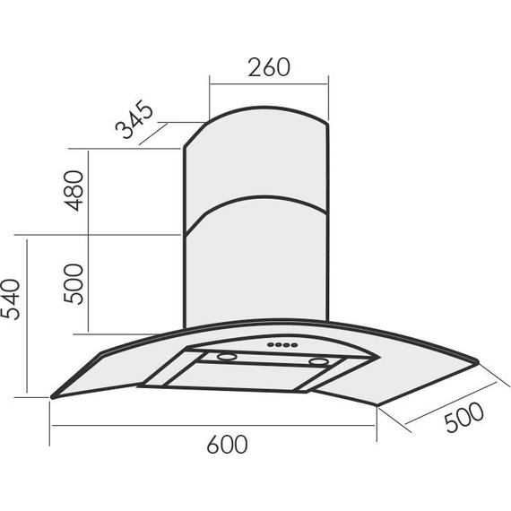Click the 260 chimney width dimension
pyautogui.click(x=269, y=67)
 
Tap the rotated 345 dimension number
pyautogui.click(x=134, y=119)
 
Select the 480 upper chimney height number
pyautogui.click(x=74, y=191)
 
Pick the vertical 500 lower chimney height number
pyautogui.click(x=74, y=284)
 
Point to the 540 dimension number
pyautogui.click(x=10, y=299)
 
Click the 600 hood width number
pyautogui.click(x=227, y=444)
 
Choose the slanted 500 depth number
pyautogui.click(x=464, y=418)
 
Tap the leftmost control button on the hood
pyautogui.click(x=271, y=344)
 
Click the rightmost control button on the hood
pyautogui.click(x=294, y=345)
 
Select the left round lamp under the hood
pyautogui.click(x=227, y=357)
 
